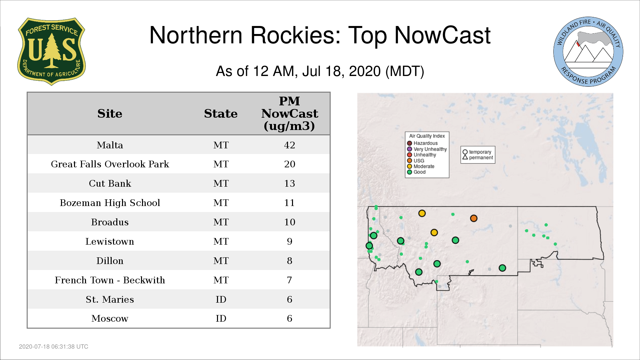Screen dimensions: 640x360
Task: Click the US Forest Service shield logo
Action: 51,51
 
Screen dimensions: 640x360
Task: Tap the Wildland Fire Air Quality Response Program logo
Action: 588,52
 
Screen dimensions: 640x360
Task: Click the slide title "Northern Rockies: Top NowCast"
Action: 320,35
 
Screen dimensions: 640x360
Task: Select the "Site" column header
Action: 110,114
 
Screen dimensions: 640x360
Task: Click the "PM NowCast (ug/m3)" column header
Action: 289,113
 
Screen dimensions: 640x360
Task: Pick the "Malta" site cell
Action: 110,145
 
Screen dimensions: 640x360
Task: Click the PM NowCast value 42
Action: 289,145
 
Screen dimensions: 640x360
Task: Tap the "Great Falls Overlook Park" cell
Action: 110,164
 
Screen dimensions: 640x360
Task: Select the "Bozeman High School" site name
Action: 110,203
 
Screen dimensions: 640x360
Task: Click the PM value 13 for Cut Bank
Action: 289,183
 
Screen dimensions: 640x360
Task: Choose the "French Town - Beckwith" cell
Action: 110,280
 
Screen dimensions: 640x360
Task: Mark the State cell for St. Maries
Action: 221,299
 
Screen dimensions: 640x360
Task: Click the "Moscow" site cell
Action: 110,318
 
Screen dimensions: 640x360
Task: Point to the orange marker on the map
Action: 474,218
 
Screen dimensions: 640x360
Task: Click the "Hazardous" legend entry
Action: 422,143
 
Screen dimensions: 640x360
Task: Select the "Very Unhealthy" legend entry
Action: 427,149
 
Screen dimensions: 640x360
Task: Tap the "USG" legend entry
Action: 415,161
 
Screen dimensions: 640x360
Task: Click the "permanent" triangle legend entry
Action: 478,158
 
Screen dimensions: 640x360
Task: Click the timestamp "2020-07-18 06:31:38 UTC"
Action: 54,347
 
